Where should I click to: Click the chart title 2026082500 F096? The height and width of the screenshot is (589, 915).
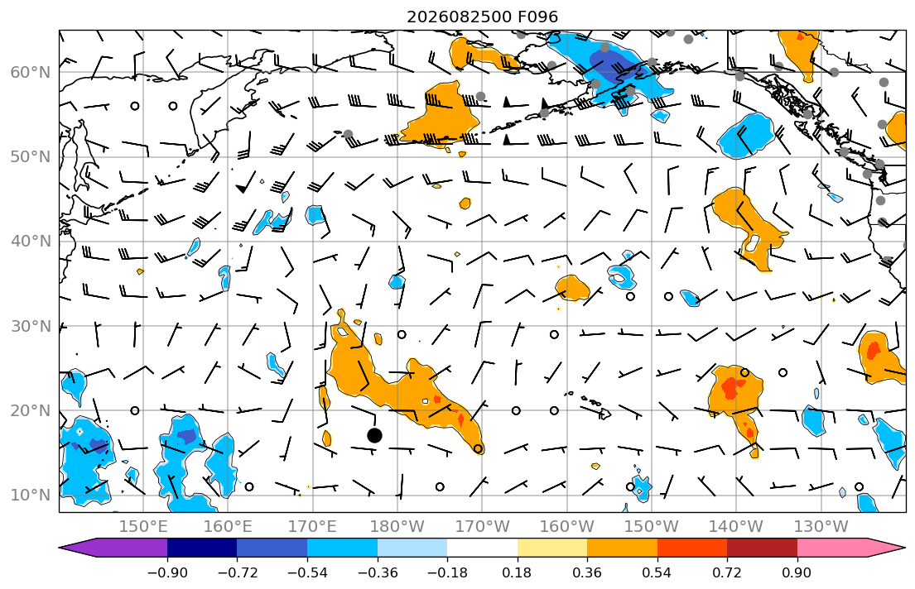pos(482,17)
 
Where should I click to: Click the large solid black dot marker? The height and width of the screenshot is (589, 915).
pos(374,435)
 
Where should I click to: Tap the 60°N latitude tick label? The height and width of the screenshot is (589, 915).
pos(31,72)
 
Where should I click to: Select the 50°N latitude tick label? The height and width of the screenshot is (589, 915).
pos(31,157)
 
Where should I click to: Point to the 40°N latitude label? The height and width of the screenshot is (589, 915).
pos(31,242)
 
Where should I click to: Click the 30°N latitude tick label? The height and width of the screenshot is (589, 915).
pos(31,326)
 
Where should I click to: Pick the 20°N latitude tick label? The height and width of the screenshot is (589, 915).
pos(31,410)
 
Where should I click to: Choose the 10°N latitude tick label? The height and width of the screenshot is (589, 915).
pos(31,496)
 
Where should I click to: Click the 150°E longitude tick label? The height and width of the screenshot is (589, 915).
pos(143,527)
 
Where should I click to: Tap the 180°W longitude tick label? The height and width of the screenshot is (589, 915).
pos(397,527)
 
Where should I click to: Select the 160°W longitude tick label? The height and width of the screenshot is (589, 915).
pos(566,527)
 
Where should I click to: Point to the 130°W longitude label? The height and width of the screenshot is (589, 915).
pos(821,527)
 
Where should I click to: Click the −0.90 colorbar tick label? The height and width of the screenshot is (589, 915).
pos(167,572)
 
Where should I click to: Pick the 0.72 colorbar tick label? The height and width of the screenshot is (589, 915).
pos(727,572)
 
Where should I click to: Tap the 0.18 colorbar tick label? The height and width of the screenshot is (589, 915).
pos(517,572)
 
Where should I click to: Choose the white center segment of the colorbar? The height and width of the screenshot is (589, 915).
pos(482,548)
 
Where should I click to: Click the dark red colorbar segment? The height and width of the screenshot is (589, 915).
pos(762,548)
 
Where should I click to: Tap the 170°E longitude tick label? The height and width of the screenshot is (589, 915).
pos(313,527)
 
